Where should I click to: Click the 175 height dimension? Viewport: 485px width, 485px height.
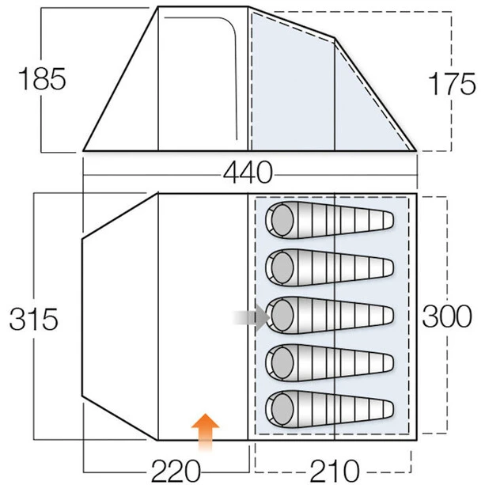tap(450, 83)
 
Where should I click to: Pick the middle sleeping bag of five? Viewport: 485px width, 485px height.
tap(329, 315)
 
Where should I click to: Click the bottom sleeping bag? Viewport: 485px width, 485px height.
tap(329, 408)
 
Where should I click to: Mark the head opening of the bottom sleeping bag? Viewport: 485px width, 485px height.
tap(280, 408)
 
